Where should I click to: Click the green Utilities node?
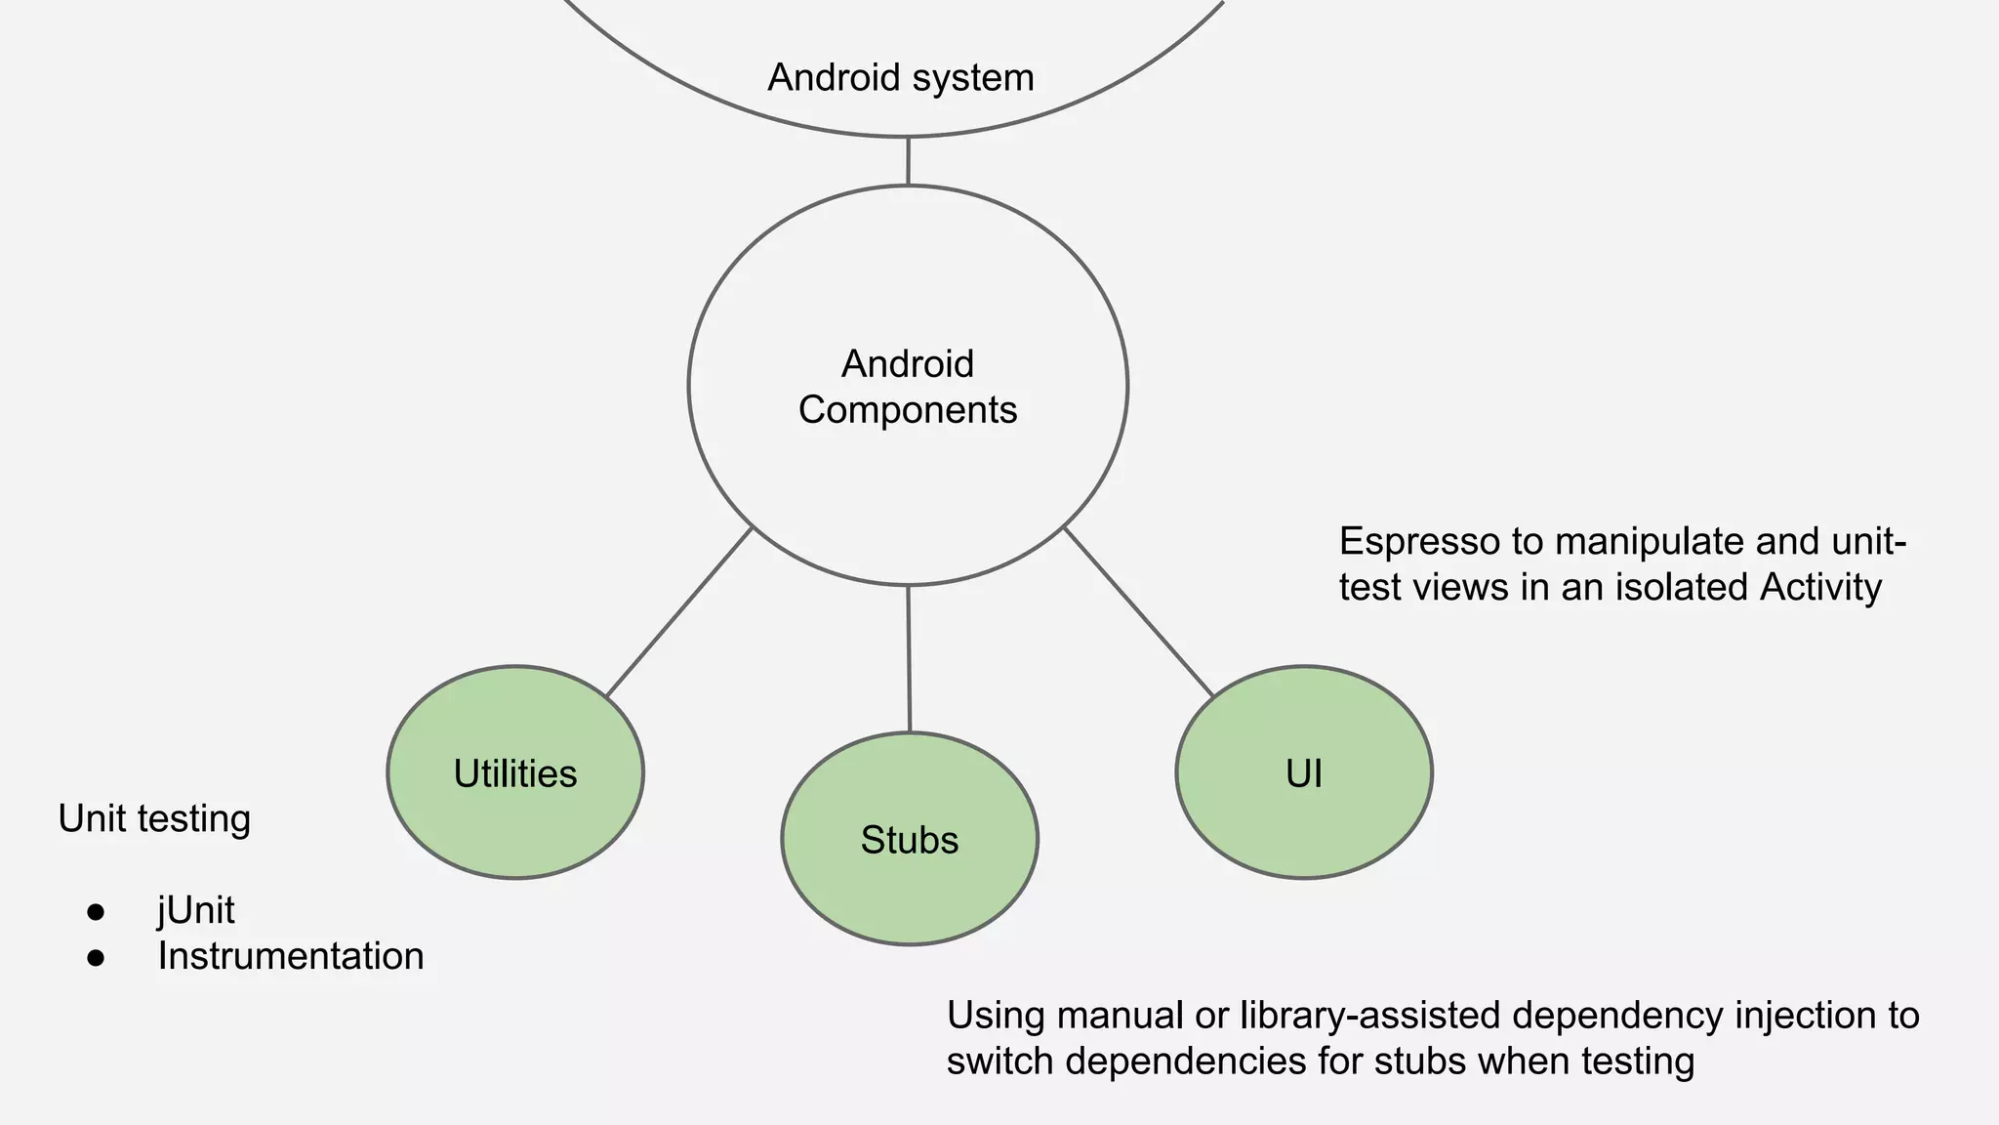pyautogui.click(x=515, y=772)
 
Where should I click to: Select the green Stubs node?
pyautogui.click(x=910, y=839)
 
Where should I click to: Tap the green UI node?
pyautogui.click(x=1304, y=772)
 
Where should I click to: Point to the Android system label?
pyautogui.click(x=901, y=77)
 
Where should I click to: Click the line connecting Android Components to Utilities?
pyautogui.click(x=679, y=611)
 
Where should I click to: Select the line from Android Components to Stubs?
pyautogui.click(x=909, y=659)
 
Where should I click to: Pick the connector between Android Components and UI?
pyautogui.click(x=1138, y=611)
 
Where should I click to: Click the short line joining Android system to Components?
pyautogui.click(x=908, y=161)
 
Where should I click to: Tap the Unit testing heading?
pyautogui.click(x=154, y=818)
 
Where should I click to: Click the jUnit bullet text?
pyautogui.click(x=196, y=910)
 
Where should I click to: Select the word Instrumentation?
pyautogui.click(x=291, y=956)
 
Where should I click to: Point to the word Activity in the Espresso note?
pyautogui.click(x=1820, y=587)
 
